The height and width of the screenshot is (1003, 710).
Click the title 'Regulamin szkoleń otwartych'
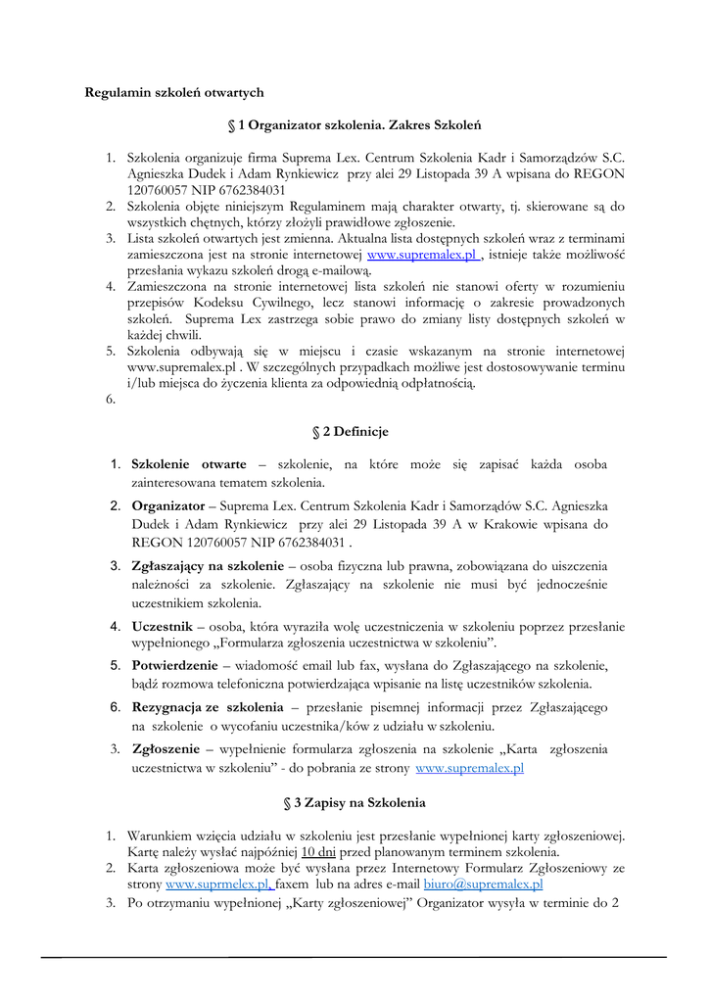[174, 92]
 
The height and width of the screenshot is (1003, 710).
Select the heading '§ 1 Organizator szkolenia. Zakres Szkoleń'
[354, 125]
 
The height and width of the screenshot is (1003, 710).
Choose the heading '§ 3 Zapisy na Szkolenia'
[354, 802]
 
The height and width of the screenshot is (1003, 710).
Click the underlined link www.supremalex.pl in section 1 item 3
[423, 255]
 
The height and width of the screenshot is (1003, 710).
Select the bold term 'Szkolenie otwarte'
[189, 463]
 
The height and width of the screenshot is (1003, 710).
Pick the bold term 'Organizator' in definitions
[167, 506]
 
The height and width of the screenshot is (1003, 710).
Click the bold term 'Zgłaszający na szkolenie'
[206, 566]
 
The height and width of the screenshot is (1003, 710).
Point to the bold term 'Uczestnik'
[162, 626]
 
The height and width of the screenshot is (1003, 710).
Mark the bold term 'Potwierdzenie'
[174, 665]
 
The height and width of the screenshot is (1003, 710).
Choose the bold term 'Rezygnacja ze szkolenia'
[207, 707]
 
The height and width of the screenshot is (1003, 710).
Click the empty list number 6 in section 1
[111, 399]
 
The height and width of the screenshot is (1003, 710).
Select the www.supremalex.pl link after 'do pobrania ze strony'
[469, 769]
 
